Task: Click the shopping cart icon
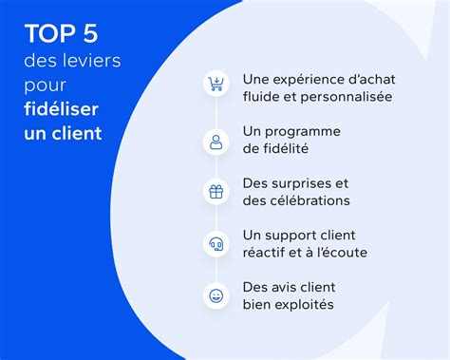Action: click(x=216, y=84)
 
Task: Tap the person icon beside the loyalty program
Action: click(x=216, y=142)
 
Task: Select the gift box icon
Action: click(x=216, y=191)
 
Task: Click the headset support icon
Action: click(x=216, y=244)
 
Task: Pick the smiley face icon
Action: click(x=216, y=295)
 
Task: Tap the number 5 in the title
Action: click(x=90, y=36)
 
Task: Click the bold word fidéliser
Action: click(x=63, y=110)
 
